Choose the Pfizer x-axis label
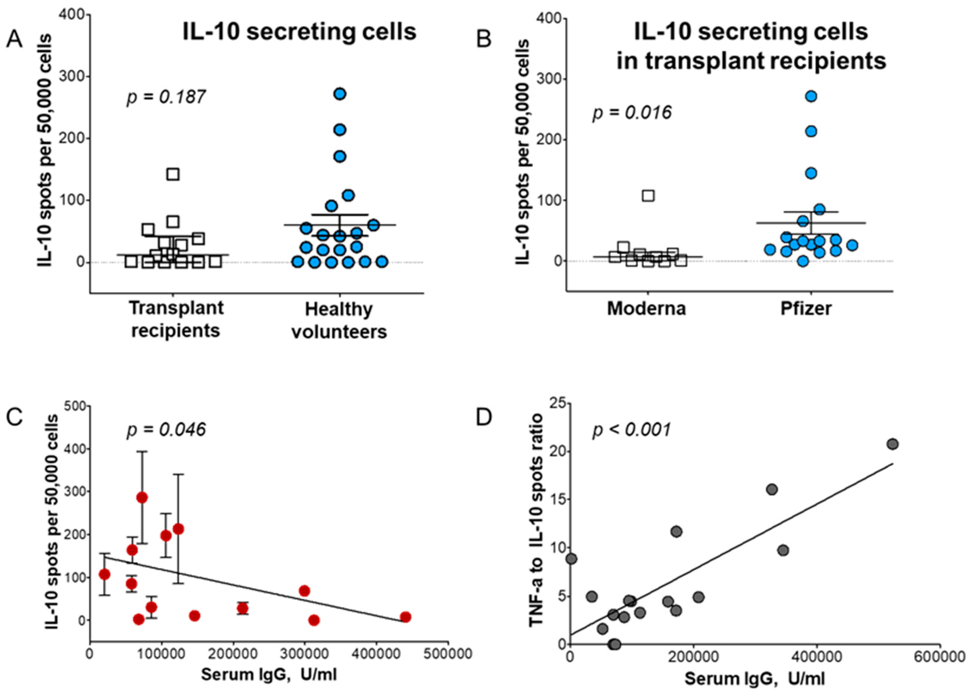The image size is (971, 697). coord(806,308)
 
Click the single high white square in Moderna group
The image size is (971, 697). coord(648,196)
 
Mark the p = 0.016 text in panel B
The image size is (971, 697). coord(632,113)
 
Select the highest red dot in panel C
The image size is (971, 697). coord(142,498)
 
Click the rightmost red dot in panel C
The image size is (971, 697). coord(405,617)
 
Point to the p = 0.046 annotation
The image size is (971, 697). coord(166,430)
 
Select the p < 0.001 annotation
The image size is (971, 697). coord(632,430)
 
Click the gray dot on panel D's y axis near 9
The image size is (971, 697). coord(571,559)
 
